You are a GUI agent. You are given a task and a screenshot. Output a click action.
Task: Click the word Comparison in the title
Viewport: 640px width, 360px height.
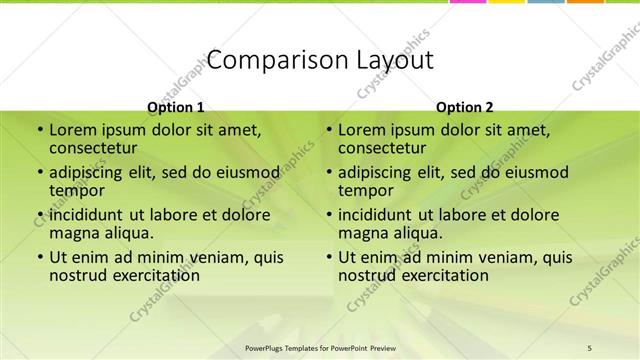coord(265,60)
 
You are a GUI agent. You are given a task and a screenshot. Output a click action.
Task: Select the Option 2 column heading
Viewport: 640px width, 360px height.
coord(464,107)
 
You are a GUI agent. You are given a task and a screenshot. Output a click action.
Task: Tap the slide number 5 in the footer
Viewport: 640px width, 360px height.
coord(590,347)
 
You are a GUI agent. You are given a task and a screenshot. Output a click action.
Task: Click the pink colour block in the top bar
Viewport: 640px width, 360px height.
coord(468,3)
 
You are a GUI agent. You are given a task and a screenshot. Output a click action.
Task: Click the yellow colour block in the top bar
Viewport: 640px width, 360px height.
coord(506,3)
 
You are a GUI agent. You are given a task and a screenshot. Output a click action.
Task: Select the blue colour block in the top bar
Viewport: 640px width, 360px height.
coord(545,3)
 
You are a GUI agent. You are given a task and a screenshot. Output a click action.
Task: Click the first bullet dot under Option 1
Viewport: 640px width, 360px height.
coord(40,130)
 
